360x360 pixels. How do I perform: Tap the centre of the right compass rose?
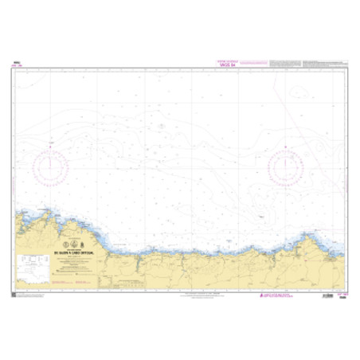coord(285,167)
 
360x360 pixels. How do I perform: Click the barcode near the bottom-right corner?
coord(326,295)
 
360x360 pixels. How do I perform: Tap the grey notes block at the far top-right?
coord(327,61)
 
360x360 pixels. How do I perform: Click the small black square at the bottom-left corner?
coord(14,296)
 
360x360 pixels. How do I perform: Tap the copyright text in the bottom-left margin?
coord(32,296)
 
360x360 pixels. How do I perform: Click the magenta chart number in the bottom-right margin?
coord(341,296)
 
